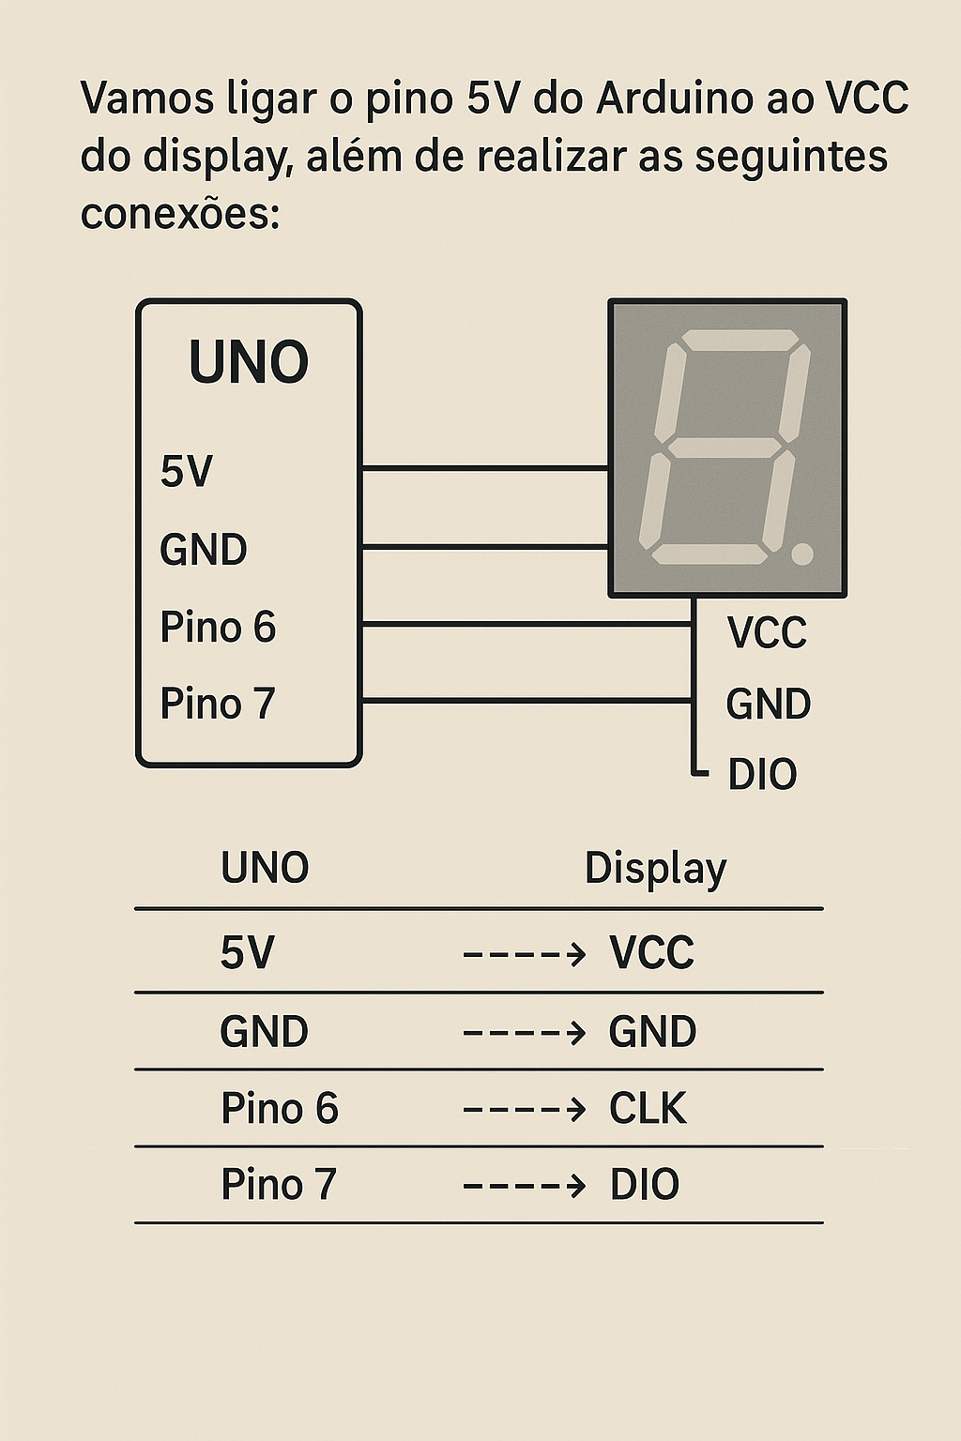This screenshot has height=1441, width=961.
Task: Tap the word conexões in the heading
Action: coord(179,213)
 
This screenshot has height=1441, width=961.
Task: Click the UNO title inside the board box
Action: coord(249,363)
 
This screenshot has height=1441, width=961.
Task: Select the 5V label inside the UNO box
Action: coord(186,471)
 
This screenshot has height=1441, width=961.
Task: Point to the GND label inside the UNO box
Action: coord(203,550)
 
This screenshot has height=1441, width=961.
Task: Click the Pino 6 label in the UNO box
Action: coord(218,627)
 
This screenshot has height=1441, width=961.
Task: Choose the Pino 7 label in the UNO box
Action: coord(217,704)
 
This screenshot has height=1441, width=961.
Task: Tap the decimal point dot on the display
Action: coord(801,554)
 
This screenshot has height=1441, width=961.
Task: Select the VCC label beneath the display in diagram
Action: coord(767,633)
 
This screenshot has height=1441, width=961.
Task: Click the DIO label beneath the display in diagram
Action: coord(761,775)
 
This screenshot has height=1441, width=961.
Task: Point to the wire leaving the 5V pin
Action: coord(484,467)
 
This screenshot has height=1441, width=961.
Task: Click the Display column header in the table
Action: coord(655,868)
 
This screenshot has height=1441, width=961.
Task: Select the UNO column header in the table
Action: coord(265,868)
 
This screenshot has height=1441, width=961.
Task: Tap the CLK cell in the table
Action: coord(648,1108)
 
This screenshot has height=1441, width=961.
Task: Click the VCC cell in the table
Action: coord(651,953)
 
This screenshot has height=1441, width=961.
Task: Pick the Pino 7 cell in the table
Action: coord(278,1184)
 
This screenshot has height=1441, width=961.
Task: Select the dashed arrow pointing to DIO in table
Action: coord(525,1186)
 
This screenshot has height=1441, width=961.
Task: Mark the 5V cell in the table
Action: coord(247,953)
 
